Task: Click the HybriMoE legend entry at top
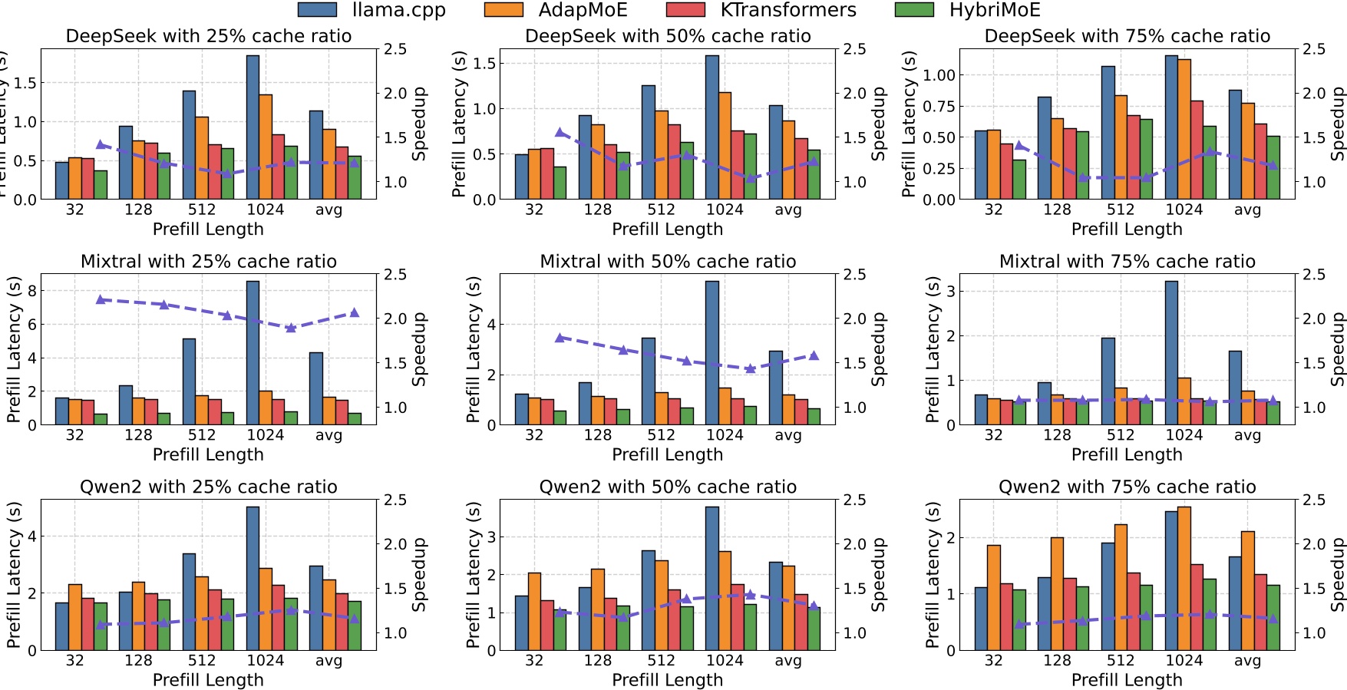tap(994, 10)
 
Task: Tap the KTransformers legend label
tap(787, 10)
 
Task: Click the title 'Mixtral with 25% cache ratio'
tap(208, 262)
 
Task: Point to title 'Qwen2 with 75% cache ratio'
tap(1127, 487)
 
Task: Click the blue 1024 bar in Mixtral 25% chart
tap(253, 352)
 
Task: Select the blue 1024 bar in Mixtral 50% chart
tap(711, 352)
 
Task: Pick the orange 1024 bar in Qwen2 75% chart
tap(1184, 578)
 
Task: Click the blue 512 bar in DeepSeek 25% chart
tap(189, 145)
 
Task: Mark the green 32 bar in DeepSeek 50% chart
tap(560, 183)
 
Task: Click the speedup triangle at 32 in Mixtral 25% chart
tap(100, 299)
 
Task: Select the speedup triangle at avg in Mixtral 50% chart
tap(814, 355)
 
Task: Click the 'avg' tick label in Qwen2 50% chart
tap(788, 661)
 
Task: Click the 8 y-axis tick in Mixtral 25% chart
tap(31, 291)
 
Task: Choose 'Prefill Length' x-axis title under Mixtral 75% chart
tap(1127, 454)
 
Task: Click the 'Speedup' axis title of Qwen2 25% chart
tap(419, 574)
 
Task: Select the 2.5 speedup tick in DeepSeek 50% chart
tap(854, 49)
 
